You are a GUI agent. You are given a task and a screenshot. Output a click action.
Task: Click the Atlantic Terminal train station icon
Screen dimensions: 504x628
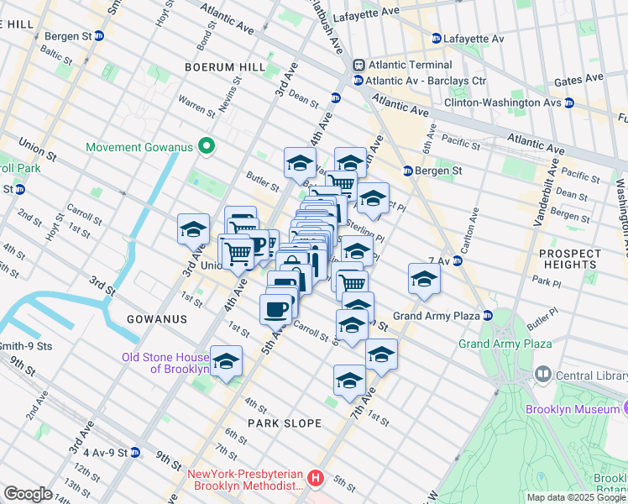click(358, 65)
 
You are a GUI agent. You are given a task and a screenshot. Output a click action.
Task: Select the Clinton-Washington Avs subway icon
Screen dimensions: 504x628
click(568, 102)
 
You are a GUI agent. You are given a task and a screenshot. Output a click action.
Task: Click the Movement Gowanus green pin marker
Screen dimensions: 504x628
click(204, 147)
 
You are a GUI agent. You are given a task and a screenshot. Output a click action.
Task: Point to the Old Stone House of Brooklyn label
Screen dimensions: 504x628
click(165, 363)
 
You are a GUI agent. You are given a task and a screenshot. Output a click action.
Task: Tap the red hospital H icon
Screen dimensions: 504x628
click(315, 478)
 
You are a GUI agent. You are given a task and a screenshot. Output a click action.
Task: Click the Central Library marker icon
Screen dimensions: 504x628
click(543, 374)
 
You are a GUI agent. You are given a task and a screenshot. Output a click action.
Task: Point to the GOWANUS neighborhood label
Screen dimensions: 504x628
click(155, 320)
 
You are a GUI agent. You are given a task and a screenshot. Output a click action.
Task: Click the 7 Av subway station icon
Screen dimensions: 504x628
click(458, 260)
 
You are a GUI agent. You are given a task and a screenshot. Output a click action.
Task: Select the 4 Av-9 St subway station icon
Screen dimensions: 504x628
click(134, 452)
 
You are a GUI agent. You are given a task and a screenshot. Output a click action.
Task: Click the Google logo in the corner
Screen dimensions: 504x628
click(28, 493)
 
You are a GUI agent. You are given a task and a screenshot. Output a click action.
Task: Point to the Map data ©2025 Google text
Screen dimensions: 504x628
click(575, 497)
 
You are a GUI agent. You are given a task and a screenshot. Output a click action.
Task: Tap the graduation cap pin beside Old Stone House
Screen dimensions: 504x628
click(226, 362)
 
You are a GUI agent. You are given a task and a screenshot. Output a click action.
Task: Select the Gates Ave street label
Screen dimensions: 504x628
click(579, 79)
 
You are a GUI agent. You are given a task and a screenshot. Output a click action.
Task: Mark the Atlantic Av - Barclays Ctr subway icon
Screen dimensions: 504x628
click(358, 81)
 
